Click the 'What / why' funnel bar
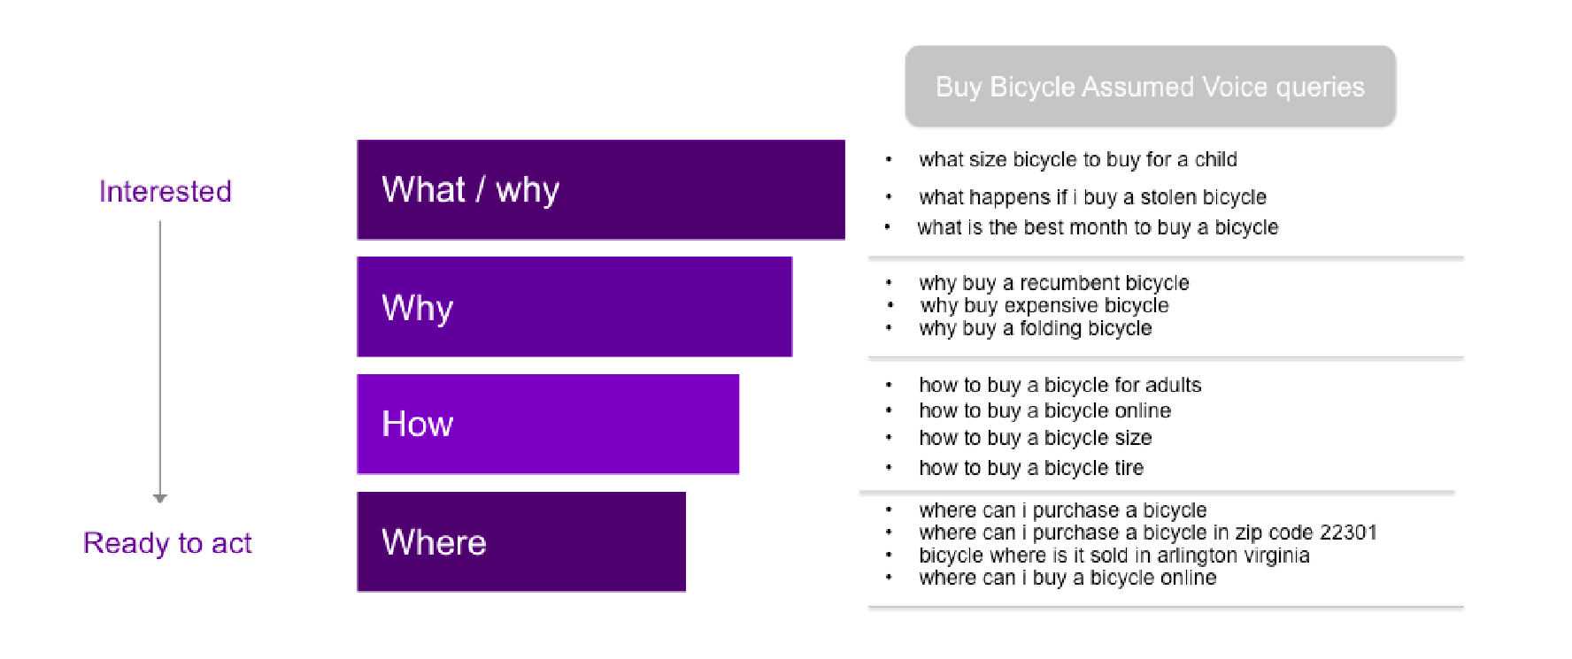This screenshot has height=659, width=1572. tap(601, 189)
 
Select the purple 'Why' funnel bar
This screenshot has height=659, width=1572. tap(574, 307)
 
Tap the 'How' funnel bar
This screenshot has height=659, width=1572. tap(548, 424)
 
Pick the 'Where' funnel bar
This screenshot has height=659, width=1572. tap(521, 541)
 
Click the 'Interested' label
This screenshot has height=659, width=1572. tap(166, 191)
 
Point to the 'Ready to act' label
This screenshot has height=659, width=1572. tap(167, 543)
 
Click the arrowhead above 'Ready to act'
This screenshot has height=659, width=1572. tap(160, 499)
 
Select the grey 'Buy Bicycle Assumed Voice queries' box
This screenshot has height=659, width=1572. tap(1151, 86)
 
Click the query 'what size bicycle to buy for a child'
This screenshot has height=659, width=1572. tap(1078, 159)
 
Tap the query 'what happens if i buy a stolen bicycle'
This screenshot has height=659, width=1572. tap(1092, 196)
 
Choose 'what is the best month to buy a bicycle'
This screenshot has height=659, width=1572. tap(1098, 227)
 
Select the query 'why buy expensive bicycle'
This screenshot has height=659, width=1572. tap(1044, 306)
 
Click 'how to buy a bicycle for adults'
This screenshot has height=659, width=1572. tap(1060, 385)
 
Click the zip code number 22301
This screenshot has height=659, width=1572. tap(1348, 533)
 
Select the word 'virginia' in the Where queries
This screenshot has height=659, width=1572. tap(1268, 556)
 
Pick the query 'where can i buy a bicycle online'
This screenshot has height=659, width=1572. tap(1067, 578)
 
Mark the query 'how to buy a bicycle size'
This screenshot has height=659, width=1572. tap(1036, 438)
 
